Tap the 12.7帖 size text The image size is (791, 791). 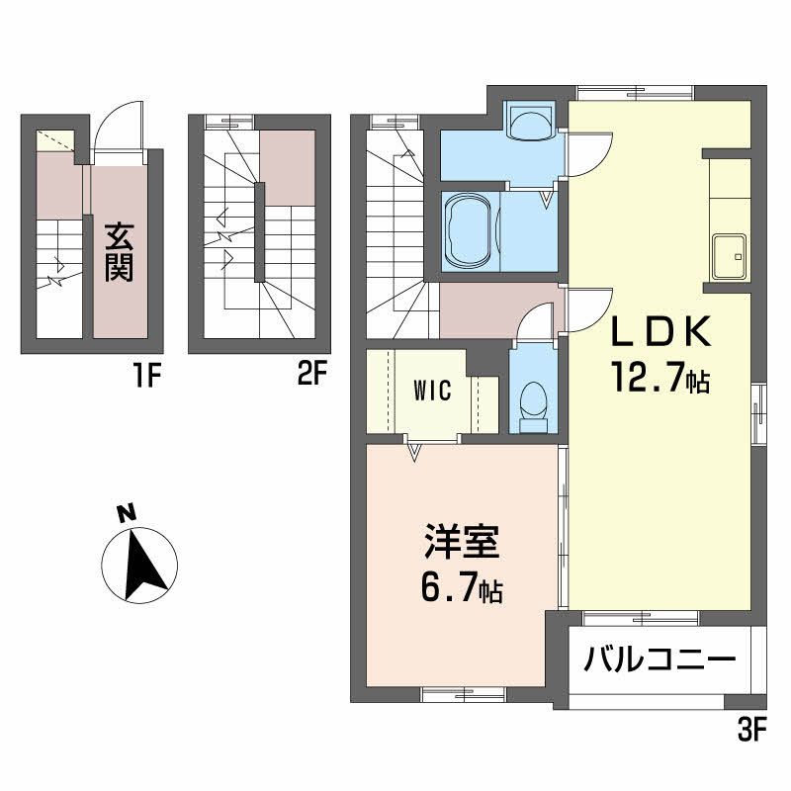click(659, 380)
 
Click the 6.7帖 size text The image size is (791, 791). click(459, 590)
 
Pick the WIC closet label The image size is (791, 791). click(432, 390)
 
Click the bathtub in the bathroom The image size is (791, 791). click(471, 230)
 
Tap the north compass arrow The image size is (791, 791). click(139, 566)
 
